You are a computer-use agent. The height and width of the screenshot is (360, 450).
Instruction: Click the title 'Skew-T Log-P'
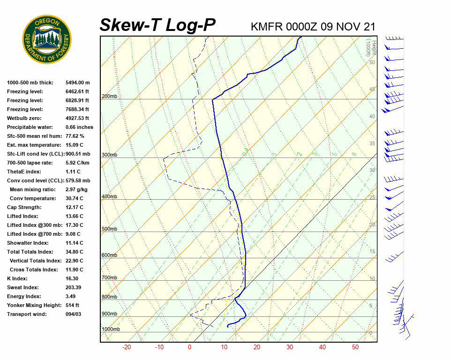tap(157, 25)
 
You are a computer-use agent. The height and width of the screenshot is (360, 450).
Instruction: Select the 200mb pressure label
tap(109, 97)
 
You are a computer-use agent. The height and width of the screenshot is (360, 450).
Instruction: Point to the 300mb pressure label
tap(109, 155)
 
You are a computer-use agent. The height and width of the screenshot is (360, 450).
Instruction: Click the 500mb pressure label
tap(109, 229)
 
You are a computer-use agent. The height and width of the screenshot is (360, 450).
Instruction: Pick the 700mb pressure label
tap(109, 278)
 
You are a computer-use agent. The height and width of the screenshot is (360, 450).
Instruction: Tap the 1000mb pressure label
tap(111, 330)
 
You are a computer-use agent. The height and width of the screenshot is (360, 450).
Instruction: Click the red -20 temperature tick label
tap(126, 347)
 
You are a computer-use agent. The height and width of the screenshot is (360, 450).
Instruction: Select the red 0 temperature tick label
tap(189, 347)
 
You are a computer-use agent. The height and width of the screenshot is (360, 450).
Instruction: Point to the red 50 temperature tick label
tap(355, 347)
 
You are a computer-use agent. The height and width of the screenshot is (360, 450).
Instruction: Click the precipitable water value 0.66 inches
tap(79, 127)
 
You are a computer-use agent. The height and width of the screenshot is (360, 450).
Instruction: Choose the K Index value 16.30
tap(73, 278)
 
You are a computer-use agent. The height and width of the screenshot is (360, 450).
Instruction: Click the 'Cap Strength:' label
tap(24, 207)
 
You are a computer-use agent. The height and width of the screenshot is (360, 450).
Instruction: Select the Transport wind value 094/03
tap(74, 314)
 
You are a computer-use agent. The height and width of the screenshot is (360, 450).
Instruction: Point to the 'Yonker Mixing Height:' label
tap(34, 305)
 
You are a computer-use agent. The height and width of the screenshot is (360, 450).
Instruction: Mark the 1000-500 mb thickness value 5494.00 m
tap(77, 82)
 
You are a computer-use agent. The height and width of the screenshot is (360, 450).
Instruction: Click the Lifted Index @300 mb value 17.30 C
tap(74, 225)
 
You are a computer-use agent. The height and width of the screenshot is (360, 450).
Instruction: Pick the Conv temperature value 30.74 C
tap(74, 198)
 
